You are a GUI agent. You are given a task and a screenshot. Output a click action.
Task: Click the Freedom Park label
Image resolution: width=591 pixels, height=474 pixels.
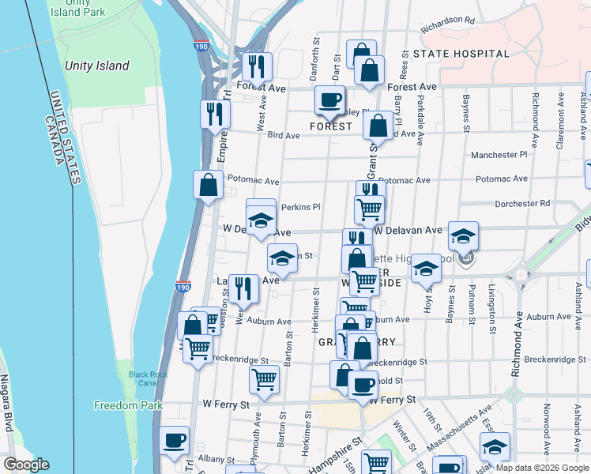tap(128, 405)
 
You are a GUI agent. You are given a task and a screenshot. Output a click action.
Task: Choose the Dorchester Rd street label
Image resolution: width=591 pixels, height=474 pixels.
tap(521, 204)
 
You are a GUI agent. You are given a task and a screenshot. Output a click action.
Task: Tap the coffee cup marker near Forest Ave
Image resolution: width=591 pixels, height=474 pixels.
tap(329, 100)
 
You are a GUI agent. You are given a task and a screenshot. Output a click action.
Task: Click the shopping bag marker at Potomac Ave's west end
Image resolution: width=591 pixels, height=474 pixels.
tap(208, 186)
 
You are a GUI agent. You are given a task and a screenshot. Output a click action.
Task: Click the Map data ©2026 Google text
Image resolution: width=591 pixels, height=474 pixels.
tap(541, 467)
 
